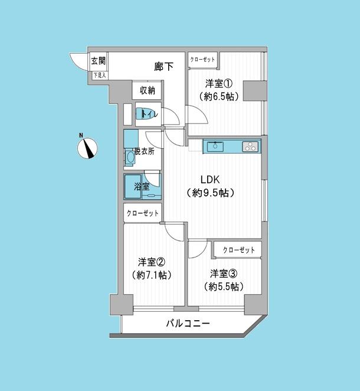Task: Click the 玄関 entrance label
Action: [x=98, y=60]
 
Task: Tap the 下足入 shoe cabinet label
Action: [x=99, y=75]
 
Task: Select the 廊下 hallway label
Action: [x=163, y=67]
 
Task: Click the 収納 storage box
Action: [x=147, y=90]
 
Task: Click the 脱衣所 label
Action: [x=144, y=151]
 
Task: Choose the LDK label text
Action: [x=210, y=180]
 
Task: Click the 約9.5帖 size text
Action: [x=210, y=193]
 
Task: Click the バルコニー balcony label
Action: [x=187, y=324]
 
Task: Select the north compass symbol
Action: [x=88, y=147]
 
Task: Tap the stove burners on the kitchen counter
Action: [x=250, y=146]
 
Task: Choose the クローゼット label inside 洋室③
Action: [x=238, y=250]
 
